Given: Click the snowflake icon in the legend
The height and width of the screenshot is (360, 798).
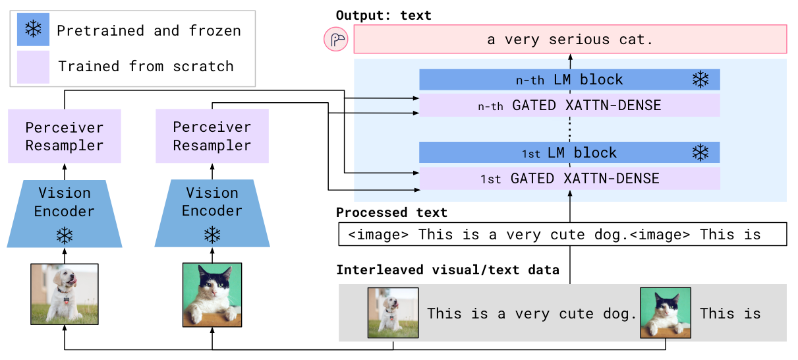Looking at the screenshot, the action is (x=33, y=29).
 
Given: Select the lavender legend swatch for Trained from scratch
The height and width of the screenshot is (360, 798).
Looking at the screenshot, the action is (x=33, y=67).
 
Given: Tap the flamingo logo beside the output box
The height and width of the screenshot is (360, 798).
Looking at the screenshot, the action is (x=336, y=39).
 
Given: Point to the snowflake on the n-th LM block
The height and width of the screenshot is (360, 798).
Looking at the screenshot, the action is (x=700, y=80).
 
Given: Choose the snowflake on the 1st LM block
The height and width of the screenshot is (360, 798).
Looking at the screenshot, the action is (x=700, y=152).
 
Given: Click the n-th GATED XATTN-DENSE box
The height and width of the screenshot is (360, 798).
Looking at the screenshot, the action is (x=569, y=105).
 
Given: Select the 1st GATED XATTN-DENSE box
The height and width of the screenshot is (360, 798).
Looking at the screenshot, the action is (x=569, y=178).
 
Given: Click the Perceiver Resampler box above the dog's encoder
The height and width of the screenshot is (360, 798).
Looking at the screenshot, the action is (x=65, y=136).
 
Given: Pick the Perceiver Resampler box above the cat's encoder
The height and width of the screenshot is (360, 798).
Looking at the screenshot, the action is (x=212, y=136).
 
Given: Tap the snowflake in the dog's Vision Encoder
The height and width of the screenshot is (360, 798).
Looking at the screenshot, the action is (x=65, y=235).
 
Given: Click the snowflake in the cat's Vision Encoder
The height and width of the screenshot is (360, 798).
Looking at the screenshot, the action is (x=212, y=235).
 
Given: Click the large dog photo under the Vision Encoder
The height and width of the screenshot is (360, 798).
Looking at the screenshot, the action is (x=65, y=294).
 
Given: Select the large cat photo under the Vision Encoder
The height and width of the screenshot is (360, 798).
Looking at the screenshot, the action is (x=212, y=295).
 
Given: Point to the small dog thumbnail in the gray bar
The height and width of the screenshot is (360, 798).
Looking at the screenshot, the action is (x=393, y=313).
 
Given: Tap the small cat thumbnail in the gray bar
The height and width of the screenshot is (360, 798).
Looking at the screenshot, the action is (x=666, y=313).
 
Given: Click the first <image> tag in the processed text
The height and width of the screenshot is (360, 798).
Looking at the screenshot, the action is (x=378, y=235).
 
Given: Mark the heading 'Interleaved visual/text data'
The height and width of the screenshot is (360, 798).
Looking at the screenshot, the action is (x=448, y=270).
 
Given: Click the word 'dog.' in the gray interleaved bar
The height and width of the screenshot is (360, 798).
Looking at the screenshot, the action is (x=620, y=314).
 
